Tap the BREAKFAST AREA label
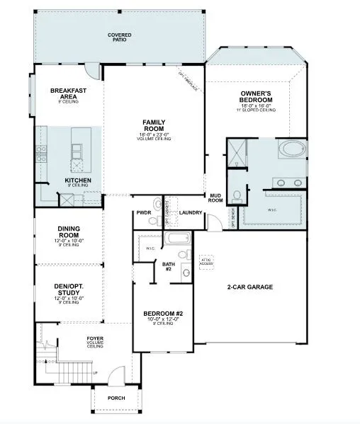[x=68, y=93]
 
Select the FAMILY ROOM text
[x=154, y=125]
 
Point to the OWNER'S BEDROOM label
[x=257, y=97]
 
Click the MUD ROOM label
[x=215, y=197]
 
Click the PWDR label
[x=145, y=212]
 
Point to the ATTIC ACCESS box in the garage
[x=206, y=263]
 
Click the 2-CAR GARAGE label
[x=249, y=287]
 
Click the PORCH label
[x=116, y=398]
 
